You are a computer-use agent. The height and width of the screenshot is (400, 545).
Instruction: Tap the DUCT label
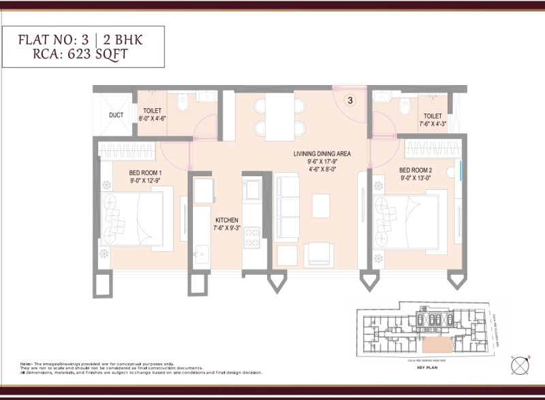click(116, 115)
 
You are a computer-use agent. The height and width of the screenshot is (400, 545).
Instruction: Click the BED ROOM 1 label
click(144, 173)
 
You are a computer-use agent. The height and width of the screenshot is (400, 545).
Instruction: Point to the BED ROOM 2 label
click(415, 170)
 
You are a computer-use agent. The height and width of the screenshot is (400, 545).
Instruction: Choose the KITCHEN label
click(226, 221)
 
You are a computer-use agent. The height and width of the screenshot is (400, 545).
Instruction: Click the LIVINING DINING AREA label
click(322, 154)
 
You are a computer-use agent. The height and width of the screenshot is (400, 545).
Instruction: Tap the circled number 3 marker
click(350, 101)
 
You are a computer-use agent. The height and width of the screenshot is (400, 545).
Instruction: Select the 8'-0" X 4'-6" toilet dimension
click(154, 118)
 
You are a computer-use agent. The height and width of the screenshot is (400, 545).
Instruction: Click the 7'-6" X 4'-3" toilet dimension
click(433, 124)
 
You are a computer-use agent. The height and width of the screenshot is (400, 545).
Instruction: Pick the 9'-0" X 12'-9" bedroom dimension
click(144, 182)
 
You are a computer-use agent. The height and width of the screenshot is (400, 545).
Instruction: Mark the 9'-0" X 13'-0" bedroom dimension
click(415, 178)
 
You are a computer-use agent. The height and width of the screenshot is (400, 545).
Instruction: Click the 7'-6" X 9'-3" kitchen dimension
click(226, 229)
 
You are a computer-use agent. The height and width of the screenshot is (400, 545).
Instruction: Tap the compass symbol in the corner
click(521, 365)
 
